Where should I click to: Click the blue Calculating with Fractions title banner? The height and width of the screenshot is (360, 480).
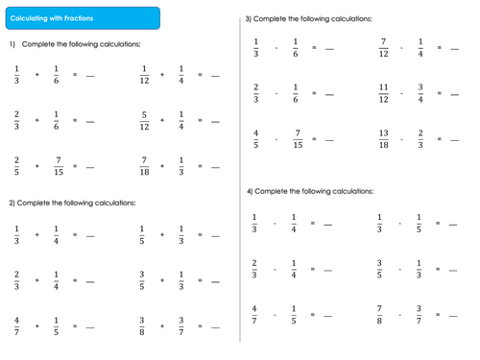pyautogui.click(x=83, y=18)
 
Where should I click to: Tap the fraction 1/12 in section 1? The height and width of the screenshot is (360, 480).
pyautogui.click(x=144, y=75)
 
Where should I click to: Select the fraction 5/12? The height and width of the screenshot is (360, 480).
pyautogui.click(x=144, y=121)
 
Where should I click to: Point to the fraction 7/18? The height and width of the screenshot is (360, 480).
pyautogui.click(x=144, y=166)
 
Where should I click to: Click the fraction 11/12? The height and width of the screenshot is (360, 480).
pyautogui.click(x=384, y=93)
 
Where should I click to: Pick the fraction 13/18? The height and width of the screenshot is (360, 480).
pyautogui.click(x=384, y=139)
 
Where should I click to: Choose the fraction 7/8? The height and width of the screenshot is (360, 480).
pyautogui.click(x=379, y=315)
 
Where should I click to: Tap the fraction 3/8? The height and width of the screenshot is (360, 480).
pyautogui.click(x=142, y=326)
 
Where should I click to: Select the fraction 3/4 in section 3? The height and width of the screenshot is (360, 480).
pyautogui.click(x=420, y=93)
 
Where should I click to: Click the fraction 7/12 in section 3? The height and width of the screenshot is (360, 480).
pyautogui.click(x=384, y=48)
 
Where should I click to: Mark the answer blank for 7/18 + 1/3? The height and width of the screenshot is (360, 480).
pyautogui.click(x=215, y=167)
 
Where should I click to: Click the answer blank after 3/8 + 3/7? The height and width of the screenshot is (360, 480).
pyautogui.click(x=215, y=327)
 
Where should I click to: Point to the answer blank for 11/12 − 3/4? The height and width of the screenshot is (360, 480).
pyautogui.click(x=455, y=95)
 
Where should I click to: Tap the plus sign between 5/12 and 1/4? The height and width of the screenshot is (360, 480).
pyautogui.click(x=162, y=120)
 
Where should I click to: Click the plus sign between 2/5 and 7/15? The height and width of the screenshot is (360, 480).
pyautogui.click(x=37, y=166)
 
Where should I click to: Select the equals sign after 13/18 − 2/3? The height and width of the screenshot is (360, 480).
pyautogui.click(x=440, y=139)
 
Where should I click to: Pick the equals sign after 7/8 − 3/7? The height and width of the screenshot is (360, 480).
pyautogui.click(x=438, y=315)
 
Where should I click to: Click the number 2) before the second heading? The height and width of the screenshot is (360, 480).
pyautogui.click(x=12, y=203)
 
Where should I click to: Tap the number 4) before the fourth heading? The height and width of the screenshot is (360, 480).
pyautogui.click(x=250, y=191)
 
